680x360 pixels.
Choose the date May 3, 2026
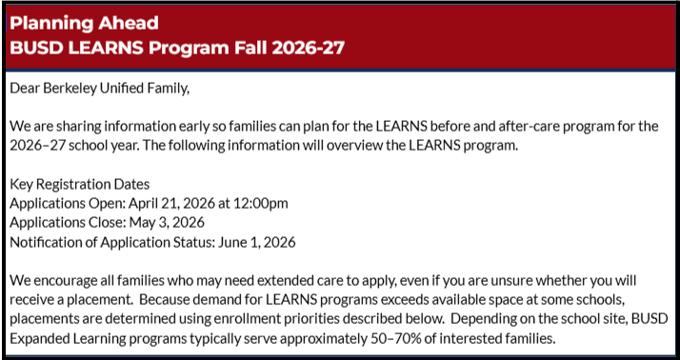pos(164,222)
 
